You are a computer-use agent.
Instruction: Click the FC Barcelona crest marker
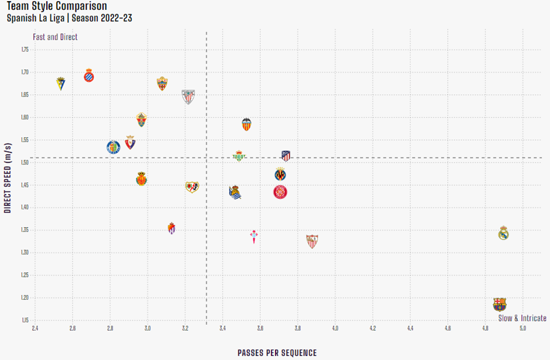tap(499, 304)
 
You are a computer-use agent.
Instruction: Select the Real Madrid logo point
tap(503, 234)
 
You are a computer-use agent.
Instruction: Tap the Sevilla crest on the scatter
tap(312, 241)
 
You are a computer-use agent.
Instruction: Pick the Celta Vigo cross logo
tap(253, 236)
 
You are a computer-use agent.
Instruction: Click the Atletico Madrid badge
tap(286, 156)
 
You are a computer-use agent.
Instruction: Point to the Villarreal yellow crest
tap(280, 174)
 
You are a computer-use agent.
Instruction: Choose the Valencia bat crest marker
tap(246, 124)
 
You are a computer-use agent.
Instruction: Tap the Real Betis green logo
tap(238, 156)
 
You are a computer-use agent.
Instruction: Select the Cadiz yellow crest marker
tap(61, 83)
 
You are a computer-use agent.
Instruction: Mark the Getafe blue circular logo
tap(114, 147)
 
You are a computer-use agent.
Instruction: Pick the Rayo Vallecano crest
tap(192, 187)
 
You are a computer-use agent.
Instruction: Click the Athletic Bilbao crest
tap(188, 97)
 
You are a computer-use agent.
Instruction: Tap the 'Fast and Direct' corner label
tap(56, 37)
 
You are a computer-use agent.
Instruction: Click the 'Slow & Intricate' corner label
tap(522, 318)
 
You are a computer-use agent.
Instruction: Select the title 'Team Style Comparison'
tap(57, 6)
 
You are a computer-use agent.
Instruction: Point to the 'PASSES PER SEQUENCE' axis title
tap(277, 353)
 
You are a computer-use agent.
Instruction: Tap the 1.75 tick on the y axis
tap(25, 50)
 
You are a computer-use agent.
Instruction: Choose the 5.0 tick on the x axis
tap(522, 328)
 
